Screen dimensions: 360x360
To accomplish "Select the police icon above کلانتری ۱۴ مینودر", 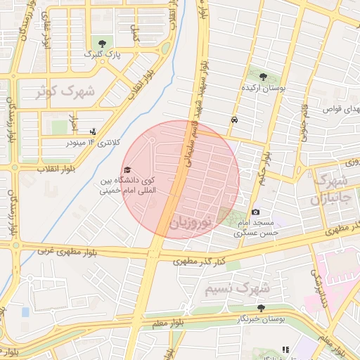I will coord(93,131).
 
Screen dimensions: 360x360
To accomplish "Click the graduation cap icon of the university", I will coord(127,170).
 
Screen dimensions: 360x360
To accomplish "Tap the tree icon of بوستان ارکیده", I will coord(263,77).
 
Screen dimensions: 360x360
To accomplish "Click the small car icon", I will coord(233,120).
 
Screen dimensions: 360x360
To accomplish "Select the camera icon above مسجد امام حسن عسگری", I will coord(255,212).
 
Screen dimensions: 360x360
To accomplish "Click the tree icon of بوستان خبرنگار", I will coord(261,309).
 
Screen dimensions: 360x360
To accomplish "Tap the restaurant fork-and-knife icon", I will coord(285,349).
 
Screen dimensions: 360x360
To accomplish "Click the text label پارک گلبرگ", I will coord(98,53).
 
